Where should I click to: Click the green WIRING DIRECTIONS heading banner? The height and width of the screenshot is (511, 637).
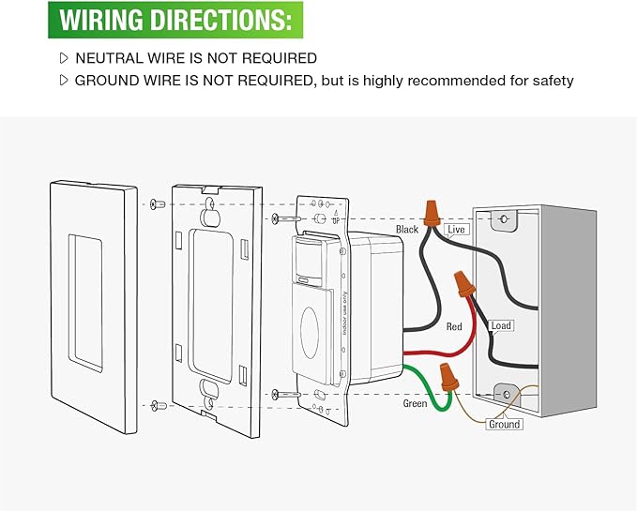pos(175,20)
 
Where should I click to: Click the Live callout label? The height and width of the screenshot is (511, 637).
pos(456,230)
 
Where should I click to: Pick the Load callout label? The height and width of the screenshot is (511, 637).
pos(501,326)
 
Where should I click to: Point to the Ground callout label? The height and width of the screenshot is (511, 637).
pos(504,424)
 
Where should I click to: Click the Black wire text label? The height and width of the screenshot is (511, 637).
pos(406,230)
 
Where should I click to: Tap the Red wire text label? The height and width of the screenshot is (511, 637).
pos(454,326)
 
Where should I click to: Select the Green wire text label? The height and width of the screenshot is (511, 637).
pos(415,403)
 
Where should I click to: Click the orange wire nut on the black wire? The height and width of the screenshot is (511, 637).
pos(432,213)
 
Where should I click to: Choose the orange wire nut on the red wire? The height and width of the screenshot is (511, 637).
pos(464,284)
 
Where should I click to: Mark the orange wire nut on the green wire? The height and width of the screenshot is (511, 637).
pos(449,378)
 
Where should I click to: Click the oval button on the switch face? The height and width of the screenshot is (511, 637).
pos(310,333)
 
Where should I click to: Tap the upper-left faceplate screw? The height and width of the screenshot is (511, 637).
pos(158,203)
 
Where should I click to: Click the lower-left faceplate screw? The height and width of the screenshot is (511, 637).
pos(159,405)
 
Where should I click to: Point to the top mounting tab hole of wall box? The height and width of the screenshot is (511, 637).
pos(504,219)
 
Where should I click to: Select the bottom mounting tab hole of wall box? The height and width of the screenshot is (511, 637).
pos(507,394)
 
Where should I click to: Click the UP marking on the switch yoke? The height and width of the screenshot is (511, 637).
pos(336,220)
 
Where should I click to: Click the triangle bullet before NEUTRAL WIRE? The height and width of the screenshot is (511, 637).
pos(64,58)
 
